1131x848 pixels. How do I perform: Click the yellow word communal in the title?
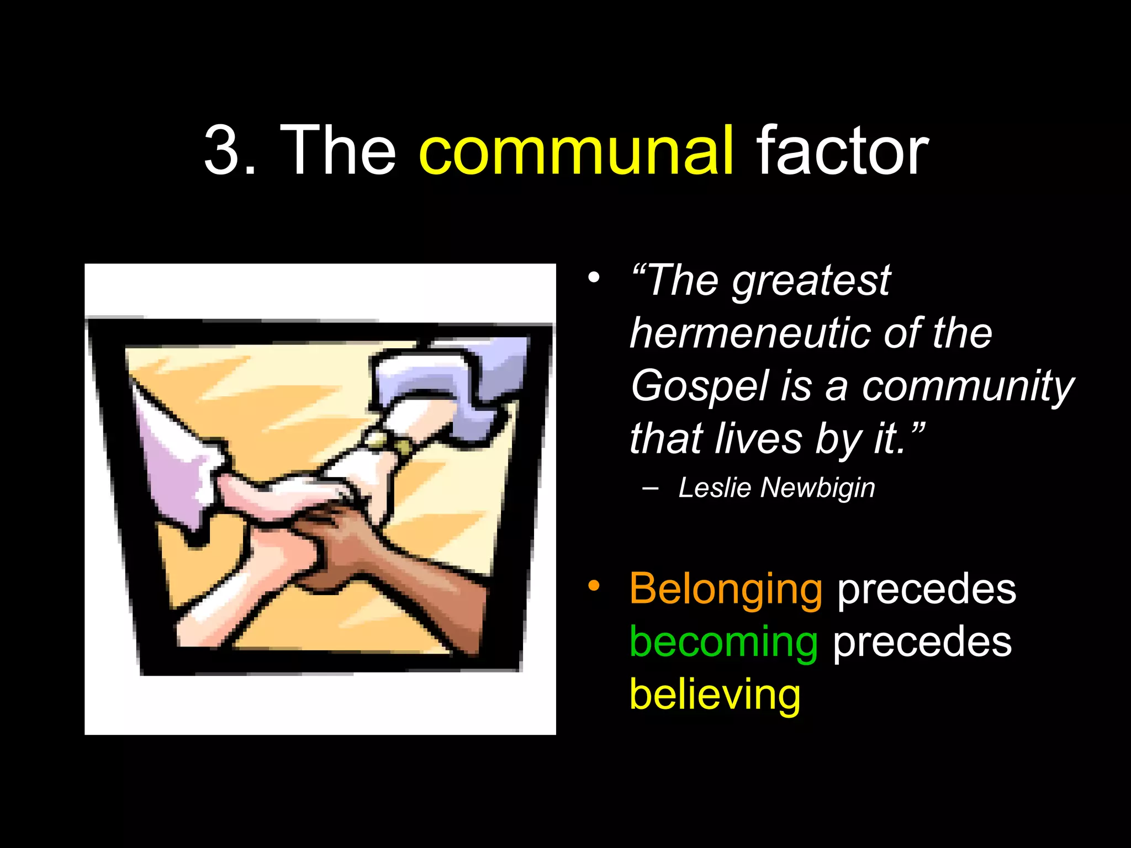point(577,151)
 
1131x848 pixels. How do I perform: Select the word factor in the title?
point(842,151)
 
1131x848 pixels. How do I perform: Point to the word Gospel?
point(699,386)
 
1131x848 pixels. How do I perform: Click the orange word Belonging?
point(726,590)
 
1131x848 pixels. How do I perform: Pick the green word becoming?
point(723,643)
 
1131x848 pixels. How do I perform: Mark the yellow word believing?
point(715,695)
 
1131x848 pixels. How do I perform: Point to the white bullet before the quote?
point(594,277)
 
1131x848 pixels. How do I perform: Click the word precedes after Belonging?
point(927,590)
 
